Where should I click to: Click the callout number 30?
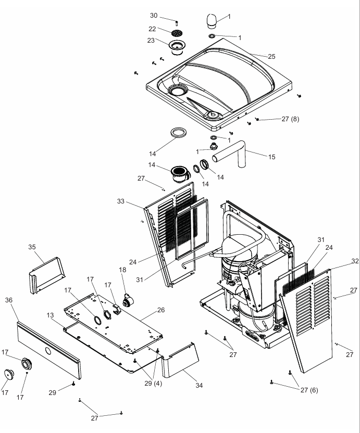click(x=154, y=15)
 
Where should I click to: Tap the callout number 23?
click(x=152, y=41)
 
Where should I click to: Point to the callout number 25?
click(x=271, y=56)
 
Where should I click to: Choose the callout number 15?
click(x=271, y=157)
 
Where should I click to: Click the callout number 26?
click(x=161, y=310)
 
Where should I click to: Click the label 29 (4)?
click(x=155, y=383)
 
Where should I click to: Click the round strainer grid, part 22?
click(x=178, y=33)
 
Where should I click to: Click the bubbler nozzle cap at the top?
click(x=210, y=21)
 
